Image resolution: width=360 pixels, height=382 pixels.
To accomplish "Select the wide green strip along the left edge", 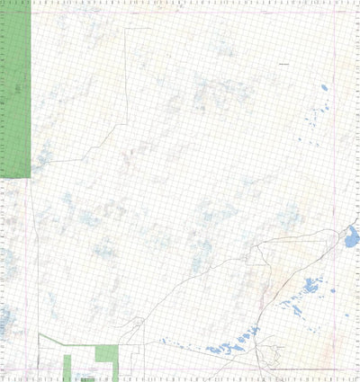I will click(16, 90).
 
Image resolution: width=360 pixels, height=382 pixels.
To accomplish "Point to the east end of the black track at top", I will click(149, 29).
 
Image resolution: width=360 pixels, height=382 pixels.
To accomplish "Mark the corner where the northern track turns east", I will click(124, 29).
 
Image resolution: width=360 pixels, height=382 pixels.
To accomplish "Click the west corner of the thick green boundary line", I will click(40, 335).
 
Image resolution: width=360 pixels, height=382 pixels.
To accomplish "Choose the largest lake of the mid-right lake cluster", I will click(310, 288).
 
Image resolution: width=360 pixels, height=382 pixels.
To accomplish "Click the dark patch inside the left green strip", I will click(20, 88).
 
